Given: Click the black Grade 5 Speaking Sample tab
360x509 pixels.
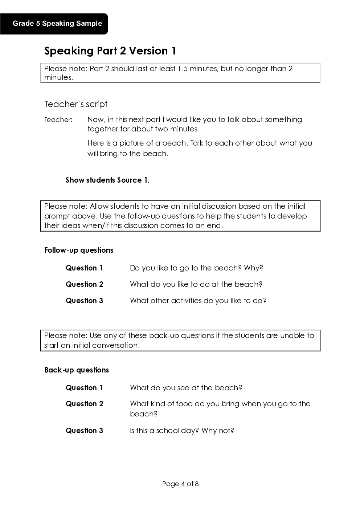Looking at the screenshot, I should pyautogui.click(x=57, y=24).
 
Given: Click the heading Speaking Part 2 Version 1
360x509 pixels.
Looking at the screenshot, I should pyautogui.click(x=110, y=51).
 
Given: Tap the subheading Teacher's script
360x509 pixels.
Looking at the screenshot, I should pyautogui.click(x=76, y=104).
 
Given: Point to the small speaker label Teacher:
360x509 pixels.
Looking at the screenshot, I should pyautogui.click(x=58, y=120).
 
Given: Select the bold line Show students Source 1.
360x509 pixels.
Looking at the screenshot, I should pyautogui.click(x=107, y=180).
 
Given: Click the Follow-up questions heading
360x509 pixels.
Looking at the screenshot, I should pyautogui.click(x=79, y=250).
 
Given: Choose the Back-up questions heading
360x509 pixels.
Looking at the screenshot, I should pyautogui.click(x=77, y=370).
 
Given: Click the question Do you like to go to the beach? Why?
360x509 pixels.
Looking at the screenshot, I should pyautogui.click(x=196, y=268).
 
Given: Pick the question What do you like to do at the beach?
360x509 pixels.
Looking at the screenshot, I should pyautogui.click(x=196, y=284).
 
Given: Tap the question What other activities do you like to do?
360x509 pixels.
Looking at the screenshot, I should pyautogui.click(x=198, y=301).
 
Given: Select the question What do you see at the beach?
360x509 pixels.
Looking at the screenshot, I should pyautogui.click(x=186, y=388).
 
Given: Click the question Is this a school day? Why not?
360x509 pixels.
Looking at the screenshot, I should pyautogui.click(x=182, y=431).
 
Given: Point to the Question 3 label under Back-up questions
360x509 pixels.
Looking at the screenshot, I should pyautogui.click(x=84, y=431).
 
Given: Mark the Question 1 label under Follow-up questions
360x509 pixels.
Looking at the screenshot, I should pyautogui.click(x=84, y=268).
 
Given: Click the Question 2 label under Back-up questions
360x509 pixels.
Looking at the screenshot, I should pyautogui.click(x=84, y=404).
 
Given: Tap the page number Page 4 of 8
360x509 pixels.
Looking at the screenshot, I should pyautogui.click(x=180, y=484).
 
